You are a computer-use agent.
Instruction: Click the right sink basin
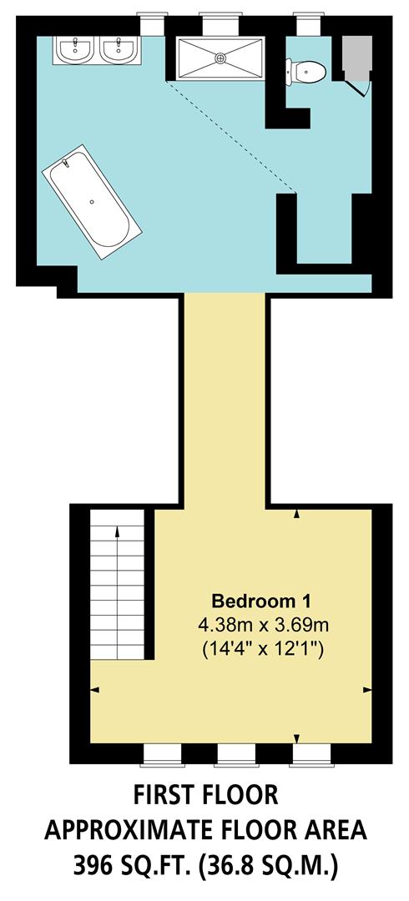pyautogui.click(x=119, y=50)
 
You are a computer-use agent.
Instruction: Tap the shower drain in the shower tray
pyautogui.click(x=221, y=58)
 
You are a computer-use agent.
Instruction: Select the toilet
pyautogui.click(x=306, y=72)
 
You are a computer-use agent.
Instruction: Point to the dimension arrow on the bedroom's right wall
pyautogui.click(x=368, y=690)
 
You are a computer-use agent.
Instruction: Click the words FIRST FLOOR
pyautogui.click(x=204, y=793)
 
